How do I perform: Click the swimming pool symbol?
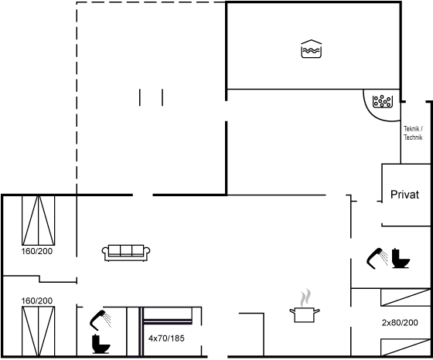pos(311,49)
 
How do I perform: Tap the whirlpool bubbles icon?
pos(383,101)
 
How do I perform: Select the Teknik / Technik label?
pos(413,133)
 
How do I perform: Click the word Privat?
pos(404,195)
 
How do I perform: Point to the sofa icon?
pos(126,253)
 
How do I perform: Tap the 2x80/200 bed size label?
pos(400,322)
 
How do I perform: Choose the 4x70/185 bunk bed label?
pos(166,338)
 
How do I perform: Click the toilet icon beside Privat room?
pos(401,259)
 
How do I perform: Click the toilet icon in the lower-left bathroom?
pos(101,344)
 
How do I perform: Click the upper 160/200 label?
pos(37,251)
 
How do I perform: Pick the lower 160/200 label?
pos(37,301)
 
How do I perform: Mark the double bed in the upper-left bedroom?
pos(39,220)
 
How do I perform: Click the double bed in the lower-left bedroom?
pos(39,331)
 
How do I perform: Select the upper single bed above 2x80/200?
pos(406,297)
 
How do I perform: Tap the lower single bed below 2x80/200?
pos(406,348)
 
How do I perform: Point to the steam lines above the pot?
pos(305,297)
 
